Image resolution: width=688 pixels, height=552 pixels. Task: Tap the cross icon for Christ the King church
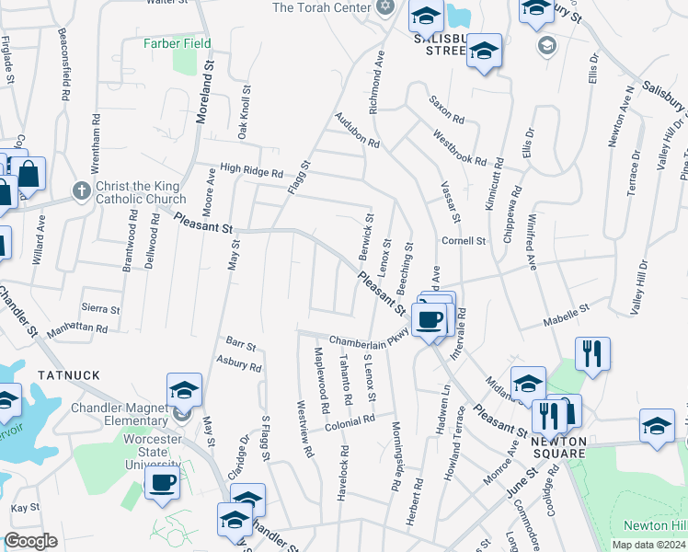[81, 194]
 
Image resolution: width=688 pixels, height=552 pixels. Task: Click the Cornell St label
[463, 241]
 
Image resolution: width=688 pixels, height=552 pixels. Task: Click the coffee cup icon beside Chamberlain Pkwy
[430, 319]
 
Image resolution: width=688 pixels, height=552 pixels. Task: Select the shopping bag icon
[29, 173]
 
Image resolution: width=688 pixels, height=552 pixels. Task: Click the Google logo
[31, 541]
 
